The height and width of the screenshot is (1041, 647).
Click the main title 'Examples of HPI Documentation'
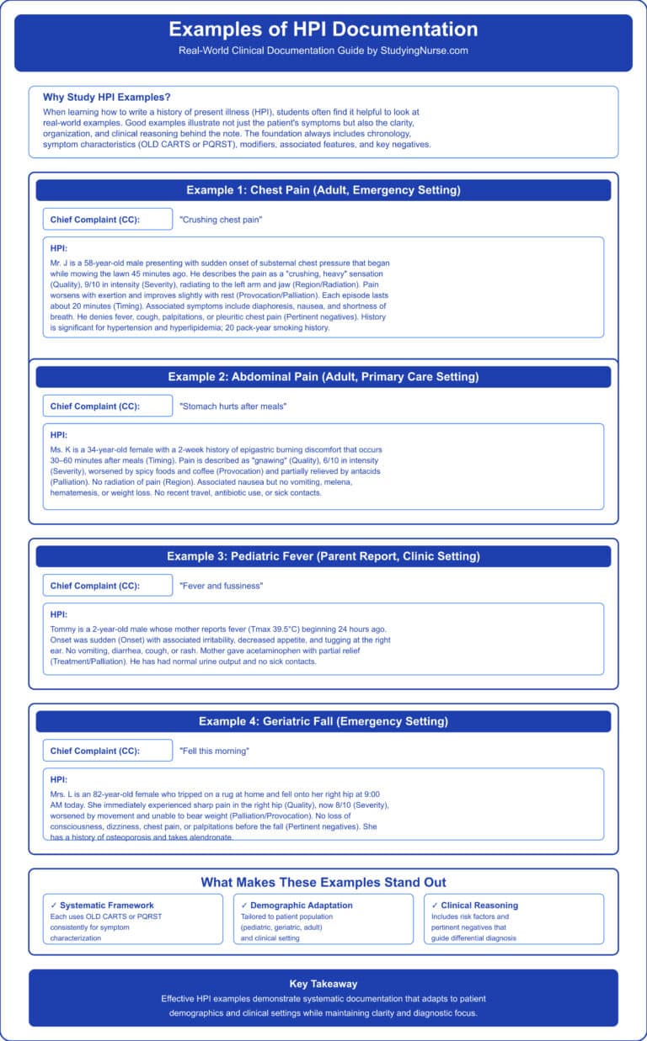tap(323, 29)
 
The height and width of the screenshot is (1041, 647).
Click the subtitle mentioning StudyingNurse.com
tap(323, 50)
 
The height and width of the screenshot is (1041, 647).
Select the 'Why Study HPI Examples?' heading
tap(98, 97)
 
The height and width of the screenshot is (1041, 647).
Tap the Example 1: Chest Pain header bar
tap(323, 190)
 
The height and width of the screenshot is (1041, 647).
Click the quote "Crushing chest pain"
tap(222, 219)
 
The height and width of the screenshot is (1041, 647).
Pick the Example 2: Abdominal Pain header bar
tap(323, 376)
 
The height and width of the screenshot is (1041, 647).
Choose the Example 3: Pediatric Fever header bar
tap(323, 556)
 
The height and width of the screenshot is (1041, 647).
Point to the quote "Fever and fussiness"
tap(222, 585)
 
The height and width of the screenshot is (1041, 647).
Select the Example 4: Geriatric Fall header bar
tap(323, 721)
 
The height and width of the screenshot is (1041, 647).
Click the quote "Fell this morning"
tap(216, 750)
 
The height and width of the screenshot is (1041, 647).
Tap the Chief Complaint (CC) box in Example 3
tap(108, 585)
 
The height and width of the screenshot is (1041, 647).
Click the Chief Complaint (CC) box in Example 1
tap(108, 219)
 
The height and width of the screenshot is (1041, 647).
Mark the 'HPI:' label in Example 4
tap(60, 779)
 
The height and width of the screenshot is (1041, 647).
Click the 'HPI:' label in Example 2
tap(60, 435)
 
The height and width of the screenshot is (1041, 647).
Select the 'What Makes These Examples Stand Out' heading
tap(323, 883)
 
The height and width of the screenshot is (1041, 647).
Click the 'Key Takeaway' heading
tap(323, 983)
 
